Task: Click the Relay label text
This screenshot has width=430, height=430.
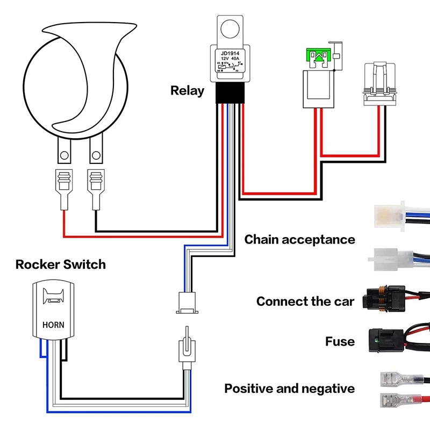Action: point(187,90)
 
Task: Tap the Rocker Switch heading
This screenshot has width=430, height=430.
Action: point(61,264)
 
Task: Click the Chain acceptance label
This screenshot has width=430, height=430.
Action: point(299,239)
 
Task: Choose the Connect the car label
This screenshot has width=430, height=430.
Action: point(305,301)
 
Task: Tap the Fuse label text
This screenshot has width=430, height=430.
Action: point(340,341)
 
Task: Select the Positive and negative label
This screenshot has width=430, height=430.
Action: point(289,388)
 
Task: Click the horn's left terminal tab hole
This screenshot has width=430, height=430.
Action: point(64,155)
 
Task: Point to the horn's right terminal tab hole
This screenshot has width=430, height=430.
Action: point(96,155)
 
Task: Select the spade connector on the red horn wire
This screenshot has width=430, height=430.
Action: point(64,188)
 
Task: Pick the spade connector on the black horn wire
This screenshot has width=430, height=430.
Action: point(97,188)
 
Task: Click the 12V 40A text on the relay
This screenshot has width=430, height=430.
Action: point(231,59)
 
